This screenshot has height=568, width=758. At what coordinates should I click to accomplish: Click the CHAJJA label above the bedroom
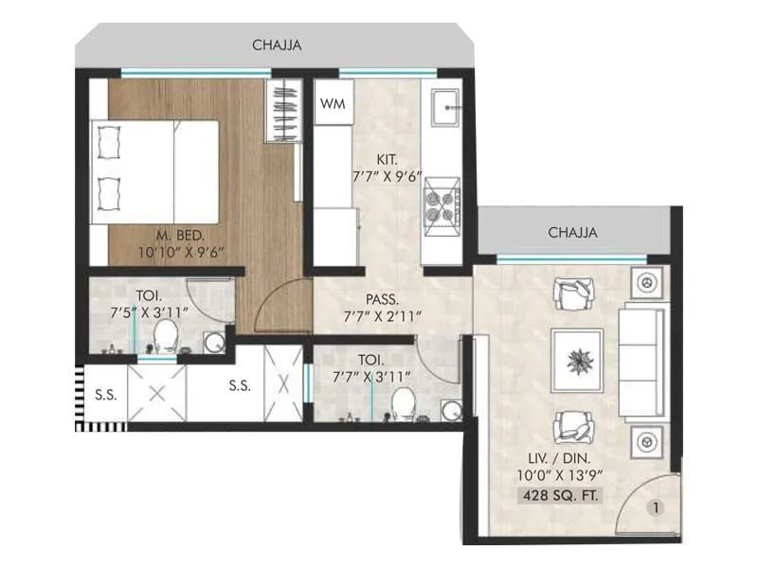click(x=277, y=44)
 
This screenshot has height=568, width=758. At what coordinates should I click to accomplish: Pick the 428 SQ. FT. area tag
click(x=557, y=495)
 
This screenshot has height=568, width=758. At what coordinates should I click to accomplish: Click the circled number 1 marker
click(x=654, y=508)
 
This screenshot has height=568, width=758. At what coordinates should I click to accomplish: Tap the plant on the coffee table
click(x=576, y=360)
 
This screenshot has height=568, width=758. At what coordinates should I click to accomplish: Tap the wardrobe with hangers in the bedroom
click(x=283, y=111)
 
